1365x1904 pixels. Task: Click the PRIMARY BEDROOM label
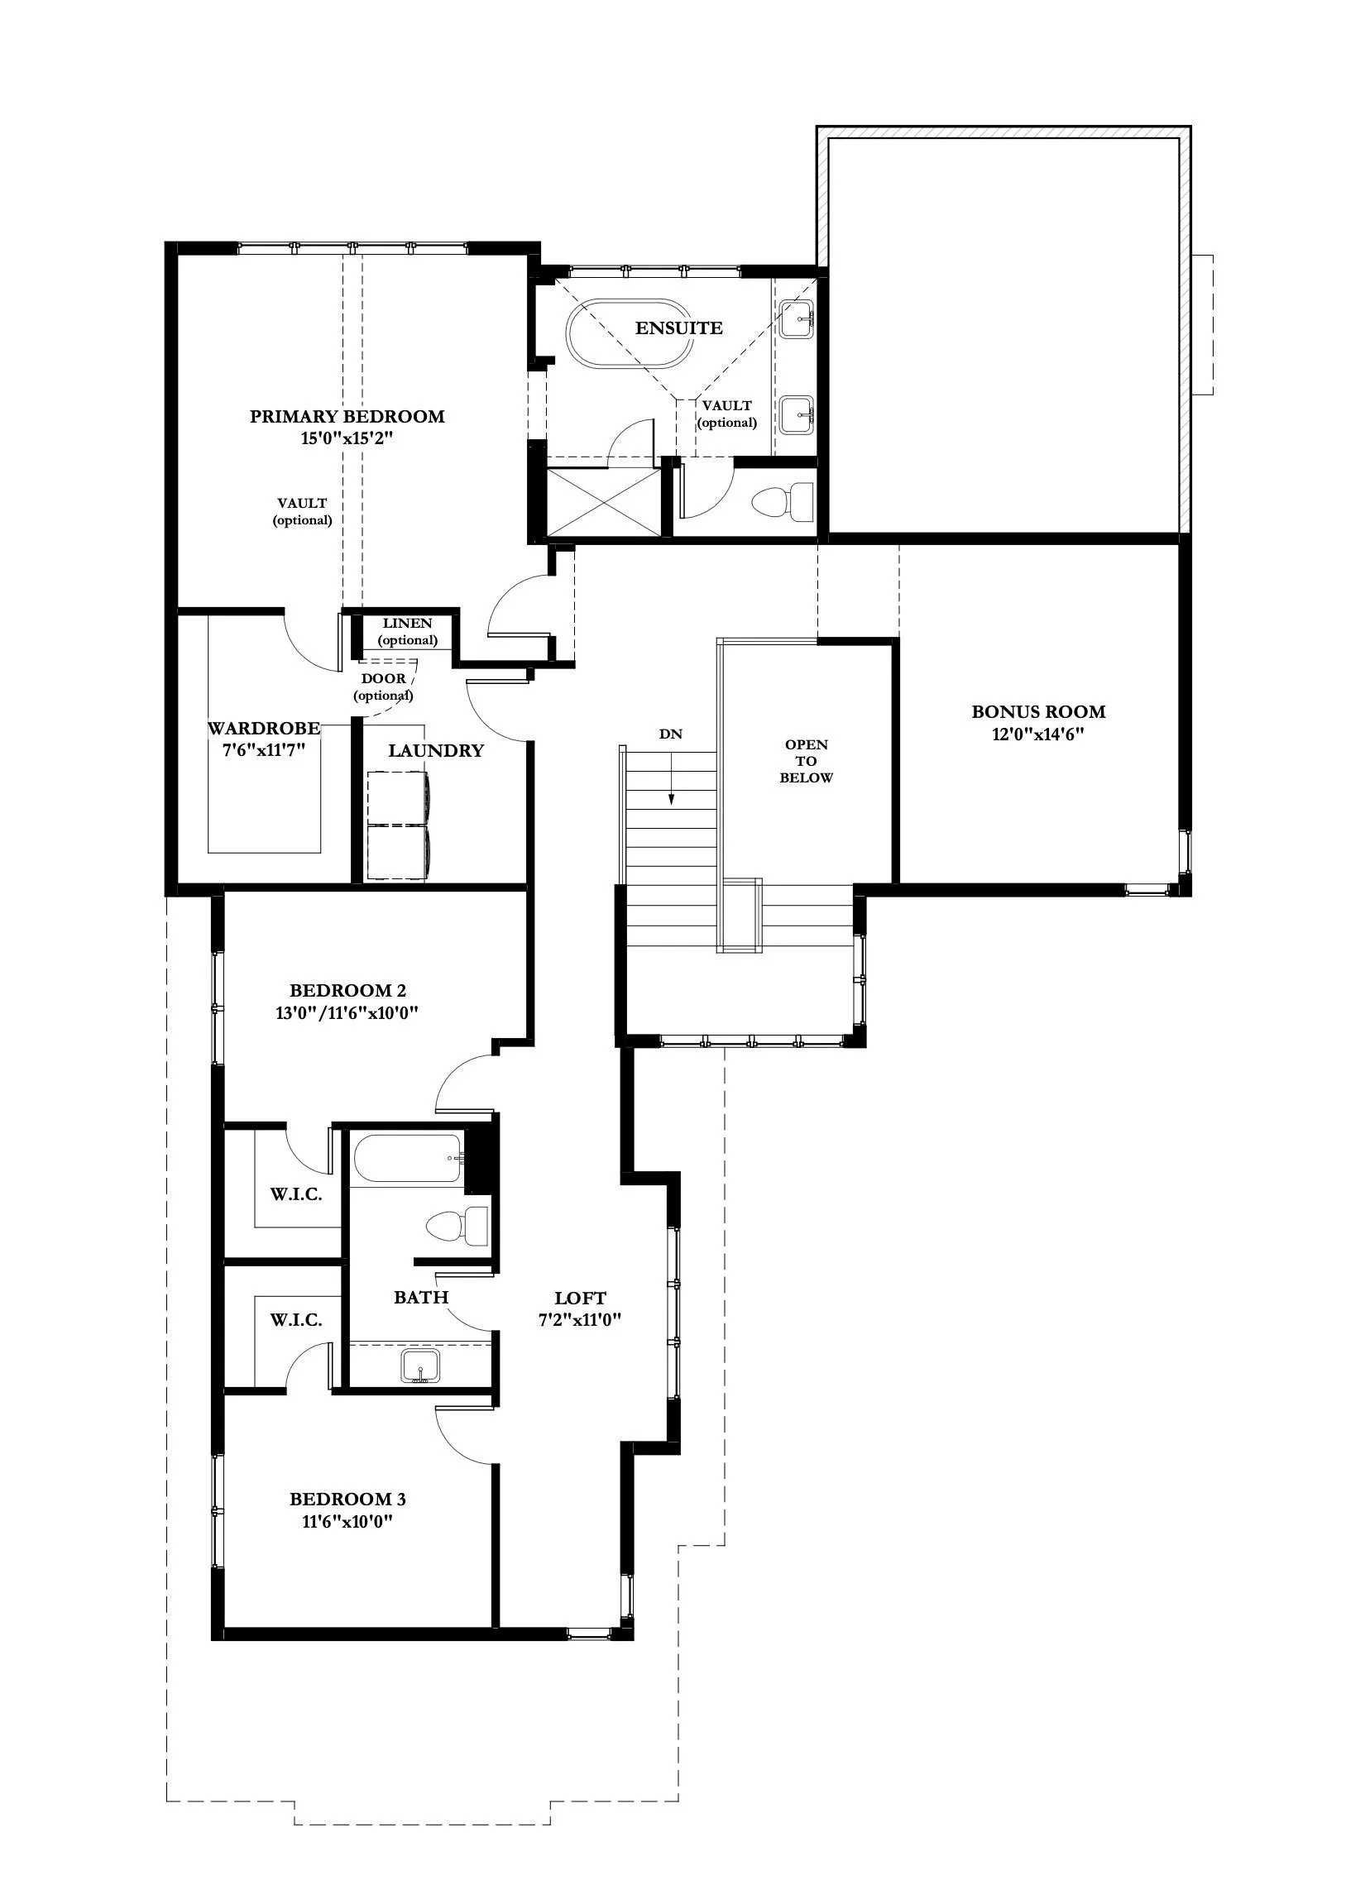point(347,416)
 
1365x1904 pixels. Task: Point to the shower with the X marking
point(603,502)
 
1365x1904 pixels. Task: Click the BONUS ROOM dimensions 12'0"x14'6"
point(1038,734)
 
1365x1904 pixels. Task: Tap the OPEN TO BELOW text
point(806,761)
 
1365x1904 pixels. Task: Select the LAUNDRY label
point(436,750)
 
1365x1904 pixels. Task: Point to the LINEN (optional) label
point(407,631)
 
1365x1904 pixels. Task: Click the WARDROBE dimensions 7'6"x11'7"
point(263,749)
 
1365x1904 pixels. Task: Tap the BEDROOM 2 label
point(347,991)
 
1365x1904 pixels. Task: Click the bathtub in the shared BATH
point(407,1159)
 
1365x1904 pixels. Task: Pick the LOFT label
point(580,1298)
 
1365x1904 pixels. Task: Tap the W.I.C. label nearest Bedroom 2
point(296,1194)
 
